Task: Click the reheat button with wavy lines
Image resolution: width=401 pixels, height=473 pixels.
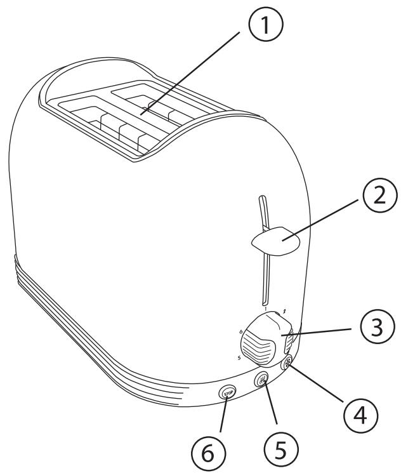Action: pyautogui.click(x=262, y=381)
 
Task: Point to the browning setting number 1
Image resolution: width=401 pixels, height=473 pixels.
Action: pyautogui.click(x=265, y=309)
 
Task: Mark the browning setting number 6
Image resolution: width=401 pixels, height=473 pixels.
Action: pyautogui.click(x=242, y=332)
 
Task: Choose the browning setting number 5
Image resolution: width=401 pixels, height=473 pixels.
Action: pyautogui.click(x=239, y=357)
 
